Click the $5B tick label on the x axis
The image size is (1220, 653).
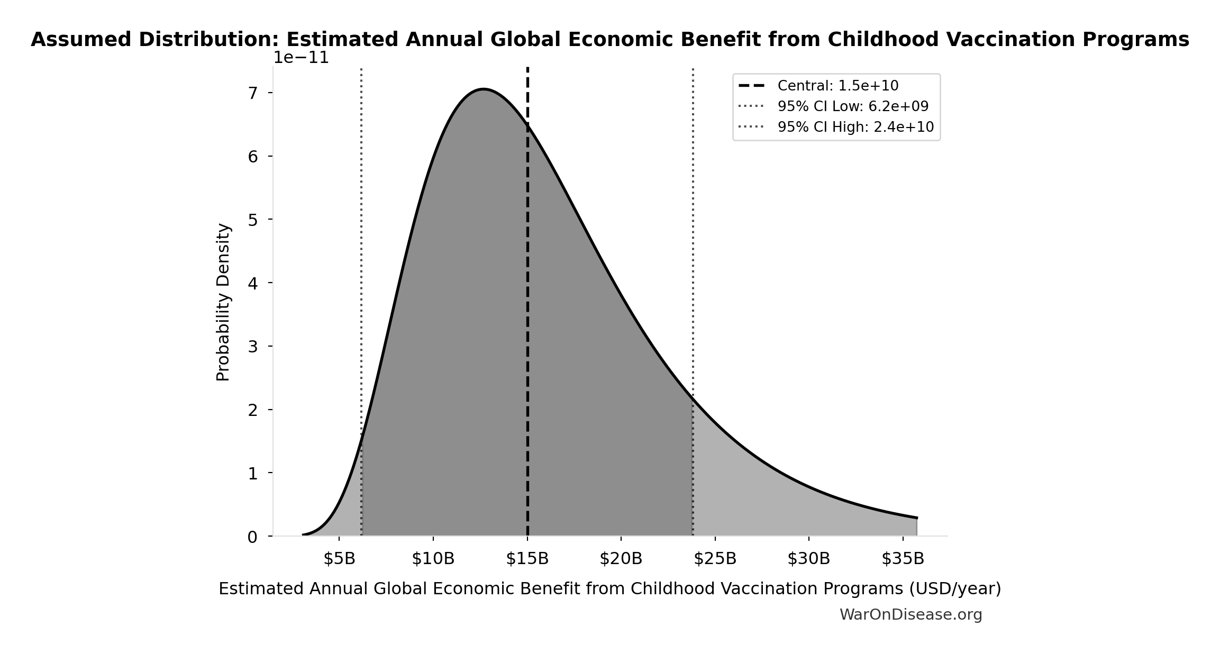339,559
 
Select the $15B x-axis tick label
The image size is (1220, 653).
527,559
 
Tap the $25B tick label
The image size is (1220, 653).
715,559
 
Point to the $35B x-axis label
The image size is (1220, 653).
903,559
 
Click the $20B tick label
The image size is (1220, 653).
621,559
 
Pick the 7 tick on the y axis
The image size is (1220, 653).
253,94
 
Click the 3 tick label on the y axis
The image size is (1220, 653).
253,347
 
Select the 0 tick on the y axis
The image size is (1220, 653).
253,537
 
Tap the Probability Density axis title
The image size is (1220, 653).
223,302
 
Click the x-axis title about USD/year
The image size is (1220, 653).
609,589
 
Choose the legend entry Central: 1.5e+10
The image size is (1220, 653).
837,86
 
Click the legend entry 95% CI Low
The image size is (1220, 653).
852,106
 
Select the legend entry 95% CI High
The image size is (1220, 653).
855,127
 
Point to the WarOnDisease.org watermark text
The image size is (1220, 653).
911,615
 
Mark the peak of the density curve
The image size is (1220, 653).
483,89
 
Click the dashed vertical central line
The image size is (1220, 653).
527,318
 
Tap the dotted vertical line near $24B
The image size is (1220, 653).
693,238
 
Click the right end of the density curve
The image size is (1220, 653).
916,518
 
